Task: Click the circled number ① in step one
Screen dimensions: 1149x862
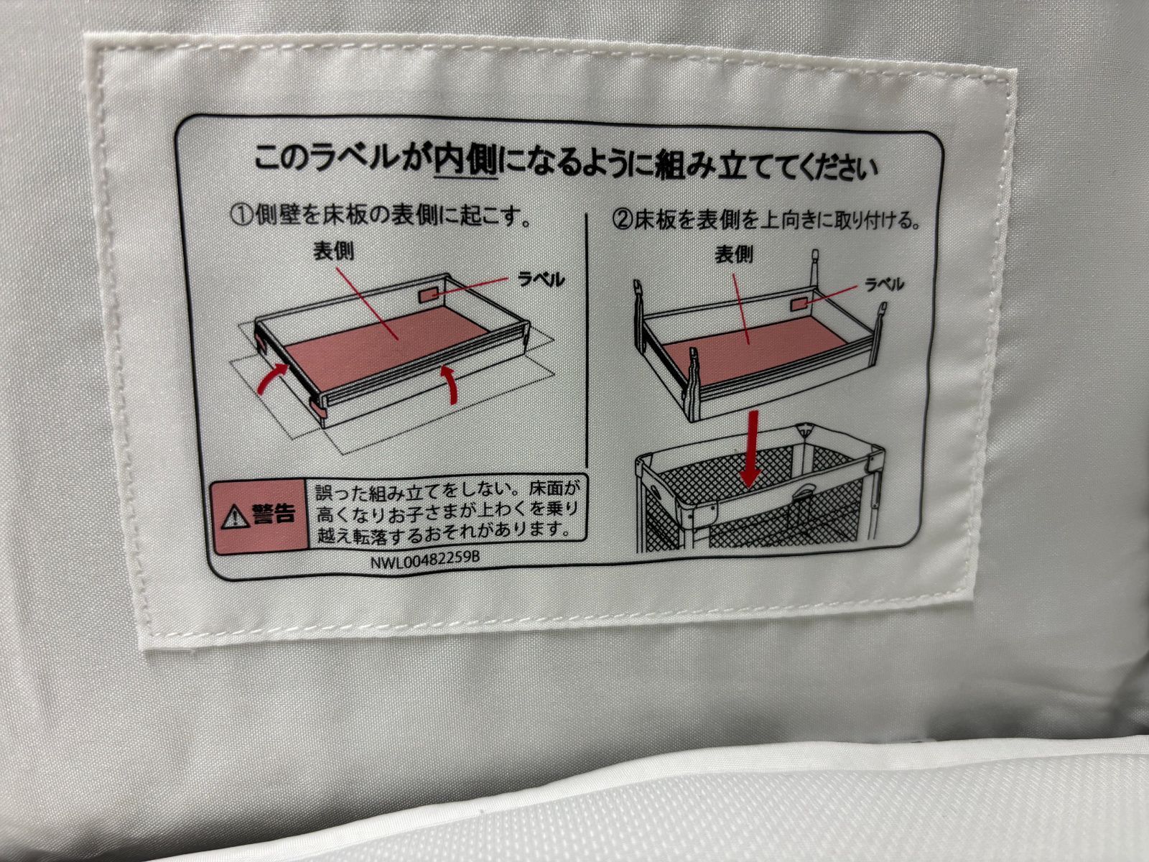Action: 242,214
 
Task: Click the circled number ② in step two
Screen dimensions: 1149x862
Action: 623,220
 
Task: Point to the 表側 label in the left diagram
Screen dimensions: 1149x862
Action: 333,251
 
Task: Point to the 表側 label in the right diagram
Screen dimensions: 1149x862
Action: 734,255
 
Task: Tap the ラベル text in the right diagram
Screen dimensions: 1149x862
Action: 884,284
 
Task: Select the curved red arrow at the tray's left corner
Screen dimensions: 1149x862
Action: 273,379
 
